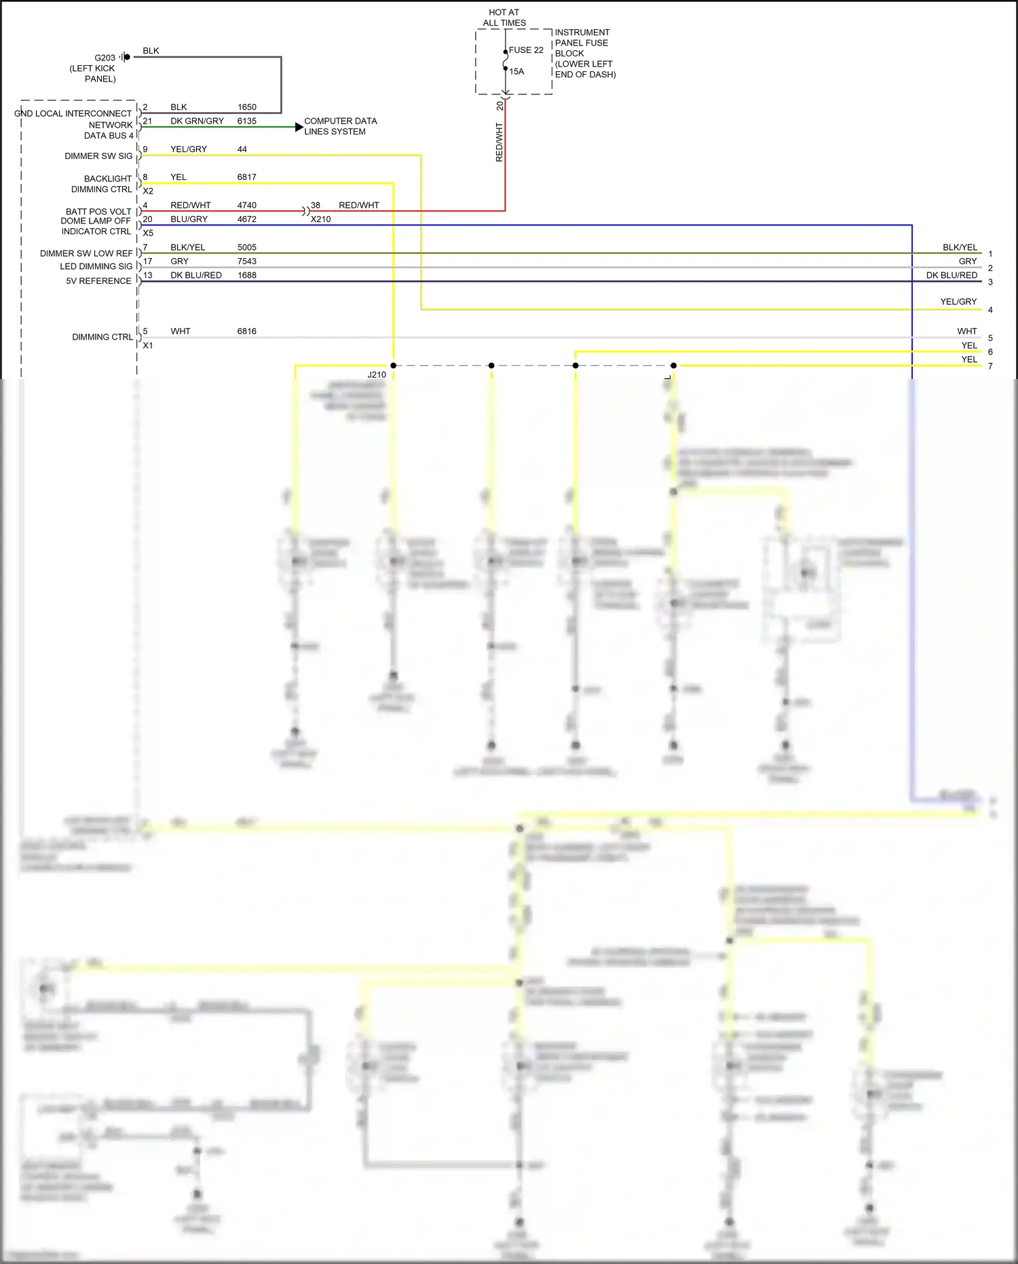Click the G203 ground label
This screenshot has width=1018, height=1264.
point(105,58)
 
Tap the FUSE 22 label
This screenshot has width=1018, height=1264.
point(526,50)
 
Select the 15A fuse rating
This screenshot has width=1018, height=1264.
point(516,71)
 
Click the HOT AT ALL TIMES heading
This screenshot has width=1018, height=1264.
point(504,18)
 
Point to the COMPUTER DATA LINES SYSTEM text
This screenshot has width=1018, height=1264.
point(340,126)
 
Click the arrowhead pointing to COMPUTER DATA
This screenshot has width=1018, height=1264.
point(299,127)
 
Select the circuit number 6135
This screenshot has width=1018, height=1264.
point(247,121)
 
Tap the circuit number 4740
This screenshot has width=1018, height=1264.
point(247,205)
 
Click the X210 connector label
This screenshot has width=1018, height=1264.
point(321,219)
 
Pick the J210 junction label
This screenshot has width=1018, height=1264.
point(377,375)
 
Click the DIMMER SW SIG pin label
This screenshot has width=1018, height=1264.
point(98,156)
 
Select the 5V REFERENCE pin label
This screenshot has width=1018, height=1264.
point(98,281)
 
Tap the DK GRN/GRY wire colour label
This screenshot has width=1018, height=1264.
point(197,121)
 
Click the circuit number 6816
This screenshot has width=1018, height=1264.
point(247,331)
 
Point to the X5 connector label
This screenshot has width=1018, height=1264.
point(148,233)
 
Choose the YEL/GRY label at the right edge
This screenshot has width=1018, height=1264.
point(958,302)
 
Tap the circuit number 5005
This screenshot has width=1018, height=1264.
point(247,247)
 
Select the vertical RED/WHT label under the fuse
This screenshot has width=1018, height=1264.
point(499,142)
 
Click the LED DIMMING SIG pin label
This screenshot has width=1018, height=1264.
point(96,266)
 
